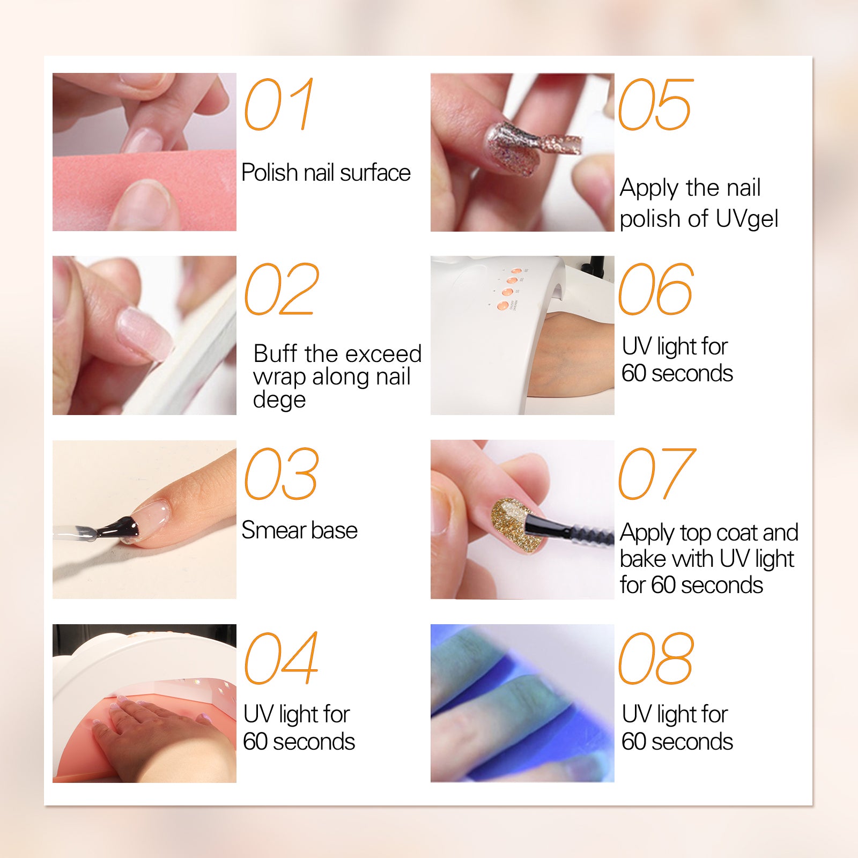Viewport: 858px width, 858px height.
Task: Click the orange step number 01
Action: (x=279, y=104)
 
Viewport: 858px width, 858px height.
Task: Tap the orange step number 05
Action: (x=656, y=105)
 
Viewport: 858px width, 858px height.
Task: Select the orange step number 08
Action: (x=656, y=658)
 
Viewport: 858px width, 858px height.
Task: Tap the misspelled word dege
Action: (x=279, y=400)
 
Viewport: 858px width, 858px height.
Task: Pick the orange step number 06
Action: (x=656, y=289)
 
